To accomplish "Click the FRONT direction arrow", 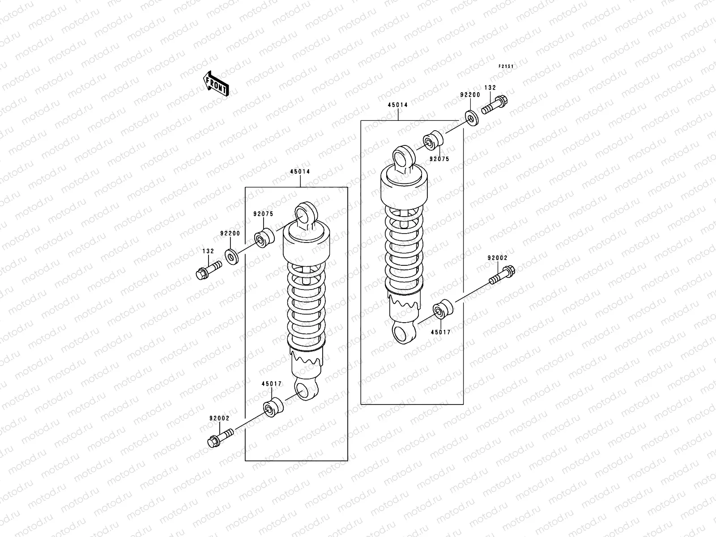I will (217, 83).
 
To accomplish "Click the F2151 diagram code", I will (506, 66).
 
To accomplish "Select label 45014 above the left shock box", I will (300, 171).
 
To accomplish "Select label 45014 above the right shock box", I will (398, 105).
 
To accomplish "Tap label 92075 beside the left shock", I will (263, 214).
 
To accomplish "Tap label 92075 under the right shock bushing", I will (439, 159).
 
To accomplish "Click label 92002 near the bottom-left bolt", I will (219, 418).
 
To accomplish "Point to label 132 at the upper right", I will (490, 88).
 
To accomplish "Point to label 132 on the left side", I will (208, 251).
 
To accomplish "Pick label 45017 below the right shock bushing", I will (441, 332).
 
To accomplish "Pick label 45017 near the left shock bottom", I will (272, 384).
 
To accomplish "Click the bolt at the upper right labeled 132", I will (495, 106).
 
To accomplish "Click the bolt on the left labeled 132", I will (209, 270).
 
